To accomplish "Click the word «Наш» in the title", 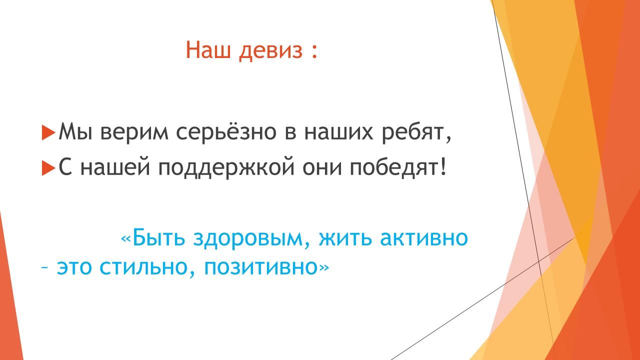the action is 208,50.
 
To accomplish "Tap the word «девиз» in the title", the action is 270,51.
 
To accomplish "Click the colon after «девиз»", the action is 314,51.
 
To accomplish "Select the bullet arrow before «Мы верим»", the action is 48,132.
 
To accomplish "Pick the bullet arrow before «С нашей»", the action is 48,167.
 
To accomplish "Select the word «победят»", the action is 394,167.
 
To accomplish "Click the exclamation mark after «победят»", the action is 443,166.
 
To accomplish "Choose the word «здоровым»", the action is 247,239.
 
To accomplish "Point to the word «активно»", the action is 424,238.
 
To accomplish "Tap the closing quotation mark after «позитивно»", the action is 324,267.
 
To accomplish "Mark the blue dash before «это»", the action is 44,268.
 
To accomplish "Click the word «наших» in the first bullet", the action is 338,132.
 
